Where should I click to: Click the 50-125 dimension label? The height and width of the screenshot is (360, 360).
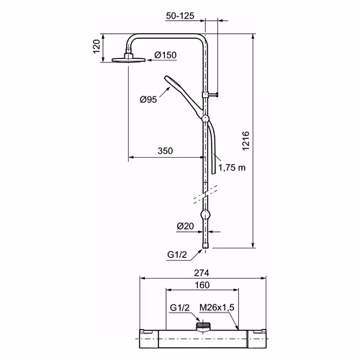[180, 16]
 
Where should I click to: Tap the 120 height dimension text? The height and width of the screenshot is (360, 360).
[96, 47]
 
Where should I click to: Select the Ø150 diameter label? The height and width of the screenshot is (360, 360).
[166, 55]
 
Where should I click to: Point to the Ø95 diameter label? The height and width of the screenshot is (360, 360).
[148, 99]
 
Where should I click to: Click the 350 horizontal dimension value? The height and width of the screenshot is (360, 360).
[166, 151]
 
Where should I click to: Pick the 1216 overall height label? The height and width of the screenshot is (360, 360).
[246, 141]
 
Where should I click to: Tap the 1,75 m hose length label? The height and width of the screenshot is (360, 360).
[232, 168]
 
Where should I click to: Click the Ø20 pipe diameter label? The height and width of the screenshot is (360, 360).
[185, 226]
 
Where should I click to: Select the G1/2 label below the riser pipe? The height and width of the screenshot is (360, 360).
[177, 254]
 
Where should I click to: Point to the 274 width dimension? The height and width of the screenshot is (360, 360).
[202, 273]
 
